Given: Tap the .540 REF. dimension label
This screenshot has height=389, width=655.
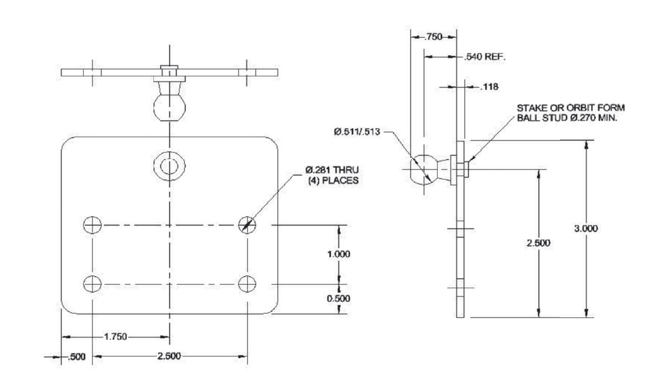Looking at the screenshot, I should [484, 58].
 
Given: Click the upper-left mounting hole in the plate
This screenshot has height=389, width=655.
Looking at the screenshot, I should [92, 225].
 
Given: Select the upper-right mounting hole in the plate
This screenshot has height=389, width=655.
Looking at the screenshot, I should [247, 225].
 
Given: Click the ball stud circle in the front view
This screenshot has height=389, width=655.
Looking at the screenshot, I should [169, 165].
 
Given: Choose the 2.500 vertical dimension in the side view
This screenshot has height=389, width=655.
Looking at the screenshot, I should [538, 243].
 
